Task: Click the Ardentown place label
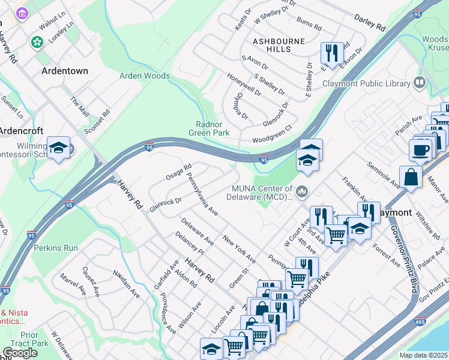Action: point(64,71)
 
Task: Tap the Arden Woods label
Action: point(145,76)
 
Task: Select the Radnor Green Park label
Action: point(209,127)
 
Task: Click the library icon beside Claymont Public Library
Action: point(420,83)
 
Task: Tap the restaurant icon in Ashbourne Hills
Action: point(331,53)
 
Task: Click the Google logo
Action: point(20,353)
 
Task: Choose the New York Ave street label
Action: point(239,250)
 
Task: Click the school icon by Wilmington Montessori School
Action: point(58,148)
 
